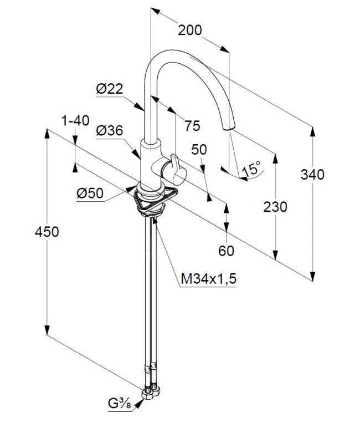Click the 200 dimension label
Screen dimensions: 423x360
[189, 30]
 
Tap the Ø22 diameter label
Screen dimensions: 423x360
[109, 88]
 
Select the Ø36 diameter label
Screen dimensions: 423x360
[109, 130]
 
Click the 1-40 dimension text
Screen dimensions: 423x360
[75, 120]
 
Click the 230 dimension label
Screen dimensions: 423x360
[275, 207]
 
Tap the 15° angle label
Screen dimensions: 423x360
[252, 169]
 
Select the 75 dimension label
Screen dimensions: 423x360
[192, 126]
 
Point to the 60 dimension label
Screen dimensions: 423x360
[227, 251]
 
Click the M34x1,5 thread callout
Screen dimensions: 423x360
[209, 279]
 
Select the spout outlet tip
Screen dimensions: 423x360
[229, 128]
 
